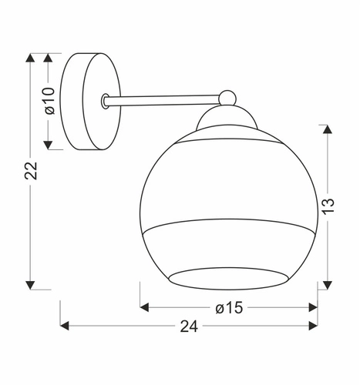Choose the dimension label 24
(x=188, y=326)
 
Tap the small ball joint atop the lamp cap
(x=227, y=97)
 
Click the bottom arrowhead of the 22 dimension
(x=31, y=283)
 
